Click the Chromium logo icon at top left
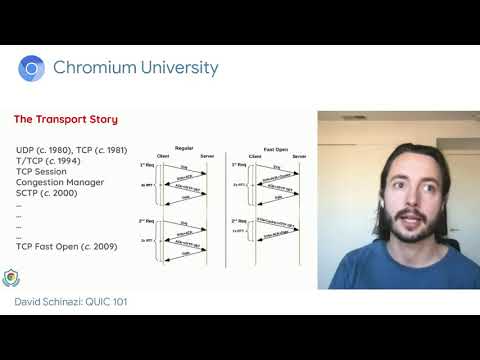pyautogui.click(x=31, y=68)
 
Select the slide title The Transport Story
pyautogui.click(x=65, y=120)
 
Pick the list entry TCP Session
pyautogui.click(x=42, y=172)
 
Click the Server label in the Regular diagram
pyautogui.click(x=206, y=155)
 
